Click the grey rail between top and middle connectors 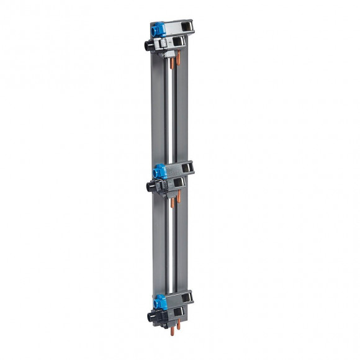coord(160,112)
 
